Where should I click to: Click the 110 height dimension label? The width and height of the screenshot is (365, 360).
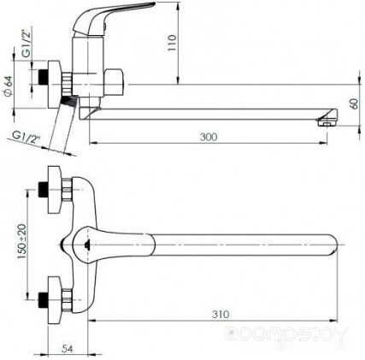(x=172, y=43)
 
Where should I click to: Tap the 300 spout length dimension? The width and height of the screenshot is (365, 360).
(x=209, y=137)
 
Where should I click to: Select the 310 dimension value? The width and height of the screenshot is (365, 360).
(x=221, y=314)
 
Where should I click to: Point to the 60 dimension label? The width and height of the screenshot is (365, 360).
(x=355, y=103)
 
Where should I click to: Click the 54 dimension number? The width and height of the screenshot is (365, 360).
(x=68, y=348)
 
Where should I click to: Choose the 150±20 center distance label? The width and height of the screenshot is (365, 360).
(x=22, y=241)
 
